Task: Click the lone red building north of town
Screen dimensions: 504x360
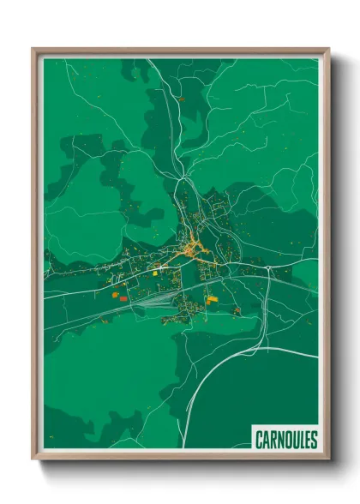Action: pos(181,99)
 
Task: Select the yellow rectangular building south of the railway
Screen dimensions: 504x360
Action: pos(212,299)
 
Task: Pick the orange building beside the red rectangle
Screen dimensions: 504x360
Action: pos(114,293)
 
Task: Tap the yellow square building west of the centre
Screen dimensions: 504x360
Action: pos(159,268)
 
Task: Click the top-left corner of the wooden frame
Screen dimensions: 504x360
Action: pos(33,50)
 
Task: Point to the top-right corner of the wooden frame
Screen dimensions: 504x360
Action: pos(328,50)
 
